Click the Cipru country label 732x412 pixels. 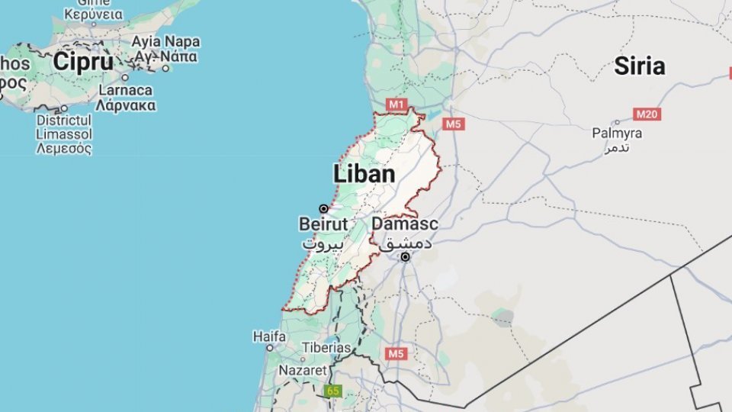(x=83, y=63)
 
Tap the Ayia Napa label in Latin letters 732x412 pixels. (x=165, y=41)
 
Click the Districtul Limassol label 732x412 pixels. (x=64, y=127)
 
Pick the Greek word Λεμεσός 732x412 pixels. (x=64, y=148)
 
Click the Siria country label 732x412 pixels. (x=639, y=66)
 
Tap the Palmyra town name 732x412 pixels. (x=617, y=133)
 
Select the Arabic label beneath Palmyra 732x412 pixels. (x=617, y=147)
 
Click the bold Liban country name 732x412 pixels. (x=364, y=174)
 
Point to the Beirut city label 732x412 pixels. (x=323, y=224)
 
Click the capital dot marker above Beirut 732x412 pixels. (x=323, y=208)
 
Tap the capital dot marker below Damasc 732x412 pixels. (x=405, y=257)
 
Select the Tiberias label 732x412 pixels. (x=326, y=347)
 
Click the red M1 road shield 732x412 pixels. (x=396, y=104)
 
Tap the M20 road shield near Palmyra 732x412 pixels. (x=647, y=114)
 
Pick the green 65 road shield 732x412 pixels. (x=332, y=391)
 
